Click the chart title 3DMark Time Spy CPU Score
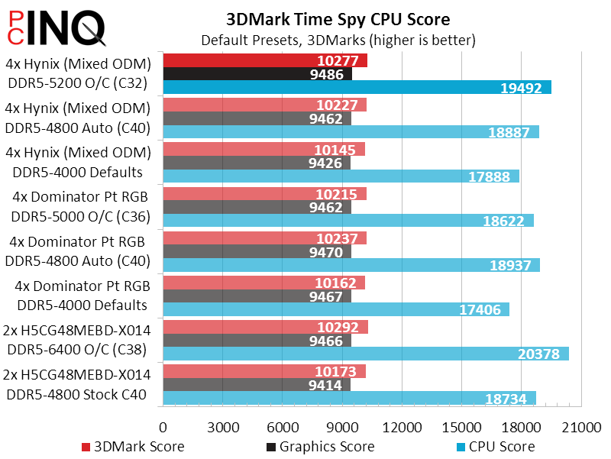(338, 18)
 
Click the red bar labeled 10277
(265, 60)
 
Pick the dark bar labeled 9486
(257, 74)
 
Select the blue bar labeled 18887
(351, 132)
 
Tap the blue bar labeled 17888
(341, 176)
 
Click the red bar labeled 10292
(265, 326)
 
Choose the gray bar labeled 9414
(257, 384)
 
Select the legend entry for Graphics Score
(320, 446)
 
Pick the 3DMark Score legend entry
(133, 446)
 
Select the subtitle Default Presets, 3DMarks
(338, 39)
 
